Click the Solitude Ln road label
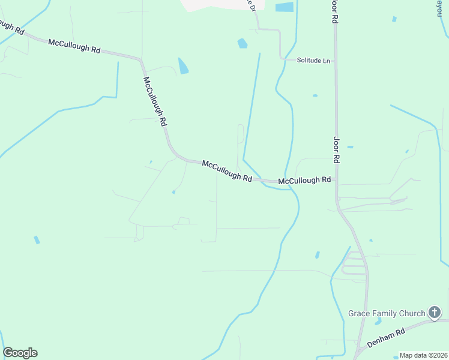click(x=313, y=61)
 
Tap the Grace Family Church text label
click(x=387, y=313)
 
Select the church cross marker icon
click(x=435, y=312)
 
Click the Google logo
click(x=20, y=353)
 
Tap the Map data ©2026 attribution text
click(x=423, y=355)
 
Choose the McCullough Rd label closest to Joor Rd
click(x=305, y=180)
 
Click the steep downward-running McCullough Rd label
click(x=154, y=101)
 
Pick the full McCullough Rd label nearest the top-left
click(x=74, y=46)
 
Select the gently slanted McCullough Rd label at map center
click(x=227, y=170)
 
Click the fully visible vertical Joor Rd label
click(x=337, y=149)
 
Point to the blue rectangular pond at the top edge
click(x=285, y=7)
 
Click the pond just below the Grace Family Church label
click(x=378, y=322)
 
